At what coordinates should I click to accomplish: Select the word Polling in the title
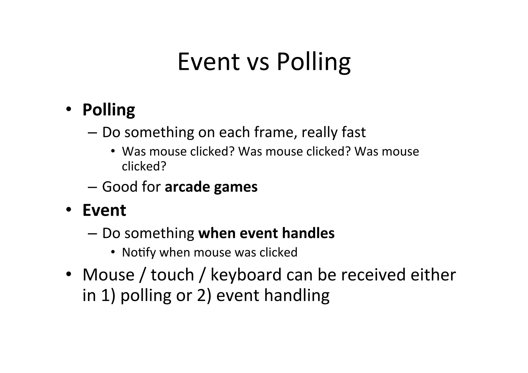tap(313, 62)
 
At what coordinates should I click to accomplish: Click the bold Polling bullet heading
tap(109, 110)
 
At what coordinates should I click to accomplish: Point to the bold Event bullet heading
tap(104, 210)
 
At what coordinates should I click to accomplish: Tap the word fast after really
tap(353, 132)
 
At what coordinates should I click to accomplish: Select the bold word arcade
tap(188, 187)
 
